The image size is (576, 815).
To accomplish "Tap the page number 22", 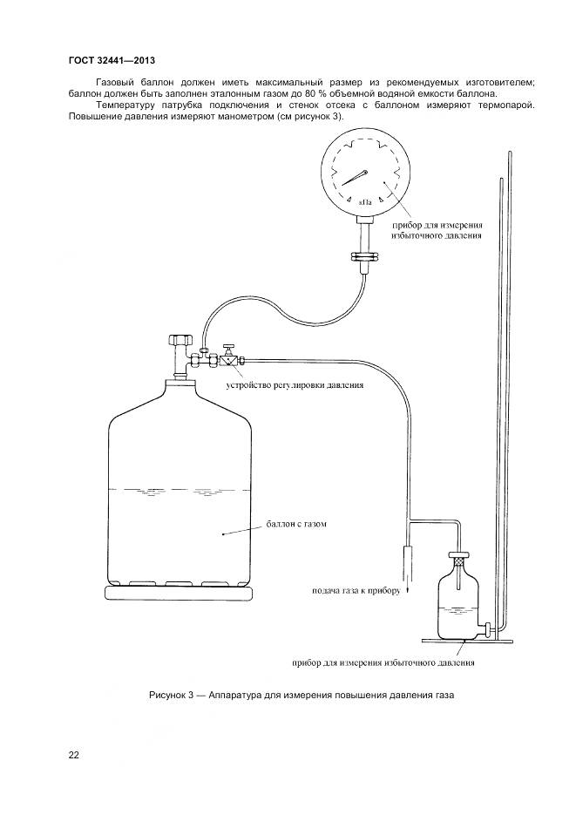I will pos(73,755).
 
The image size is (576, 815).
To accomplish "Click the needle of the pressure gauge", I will pos(352,178).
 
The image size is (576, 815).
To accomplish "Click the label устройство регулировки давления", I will pos(295,384).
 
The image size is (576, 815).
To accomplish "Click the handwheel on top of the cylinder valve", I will pos(180,338).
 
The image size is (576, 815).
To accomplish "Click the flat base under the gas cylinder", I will pos(179,594).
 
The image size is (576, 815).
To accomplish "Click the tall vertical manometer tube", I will pos(503,384).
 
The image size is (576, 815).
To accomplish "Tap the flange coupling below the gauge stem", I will pos(363,256).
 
